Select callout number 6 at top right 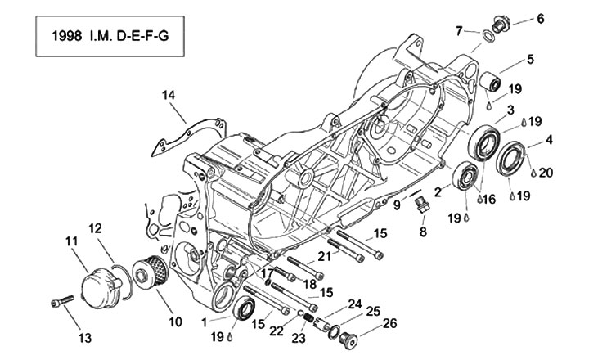coord(539,18)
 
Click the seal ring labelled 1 coord(244,310)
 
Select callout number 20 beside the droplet coord(546,172)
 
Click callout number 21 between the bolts coord(325,256)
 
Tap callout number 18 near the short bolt coord(309,283)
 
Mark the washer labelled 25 coord(335,330)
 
